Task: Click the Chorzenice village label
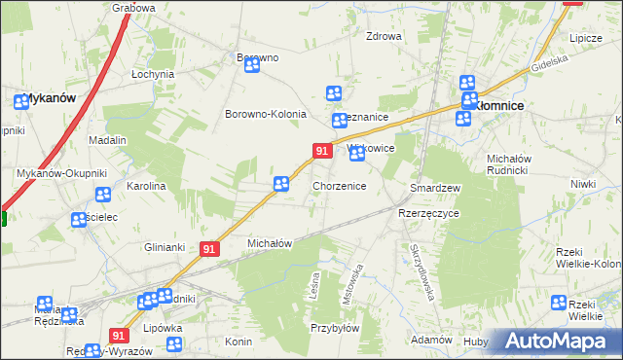click(339, 185)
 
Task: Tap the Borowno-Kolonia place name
click(266, 114)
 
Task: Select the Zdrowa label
click(384, 37)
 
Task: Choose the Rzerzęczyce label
click(428, 212)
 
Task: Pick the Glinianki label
click(165, 246)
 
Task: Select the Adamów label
click(431, 340)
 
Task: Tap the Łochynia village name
click(153, 74)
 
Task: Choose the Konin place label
click(238, 342)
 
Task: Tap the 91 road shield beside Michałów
click(208, 249)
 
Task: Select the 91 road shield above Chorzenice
click(320, 150)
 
